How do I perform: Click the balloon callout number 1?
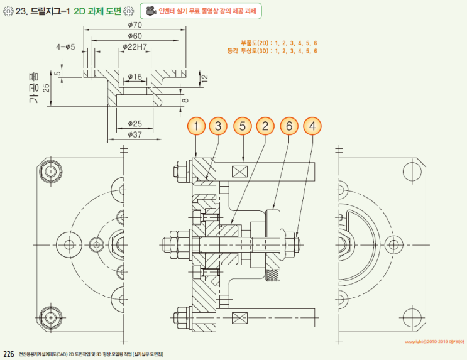coord(197,127)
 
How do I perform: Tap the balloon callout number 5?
coord(243,127)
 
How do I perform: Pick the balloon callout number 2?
coord(265,127)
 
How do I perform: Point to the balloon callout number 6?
coord(289,127)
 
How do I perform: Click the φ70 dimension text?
coord(134,25)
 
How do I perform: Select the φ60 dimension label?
coord(134,36)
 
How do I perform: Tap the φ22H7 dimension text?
coord(135,47)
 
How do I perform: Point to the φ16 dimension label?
coord(135,76)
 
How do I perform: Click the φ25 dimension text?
coord(135,123)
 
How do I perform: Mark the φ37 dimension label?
coord(135,134)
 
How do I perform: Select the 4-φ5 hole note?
coord(65,47)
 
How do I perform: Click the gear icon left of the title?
coord(8,11)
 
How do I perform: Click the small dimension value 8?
coord(185,99)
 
